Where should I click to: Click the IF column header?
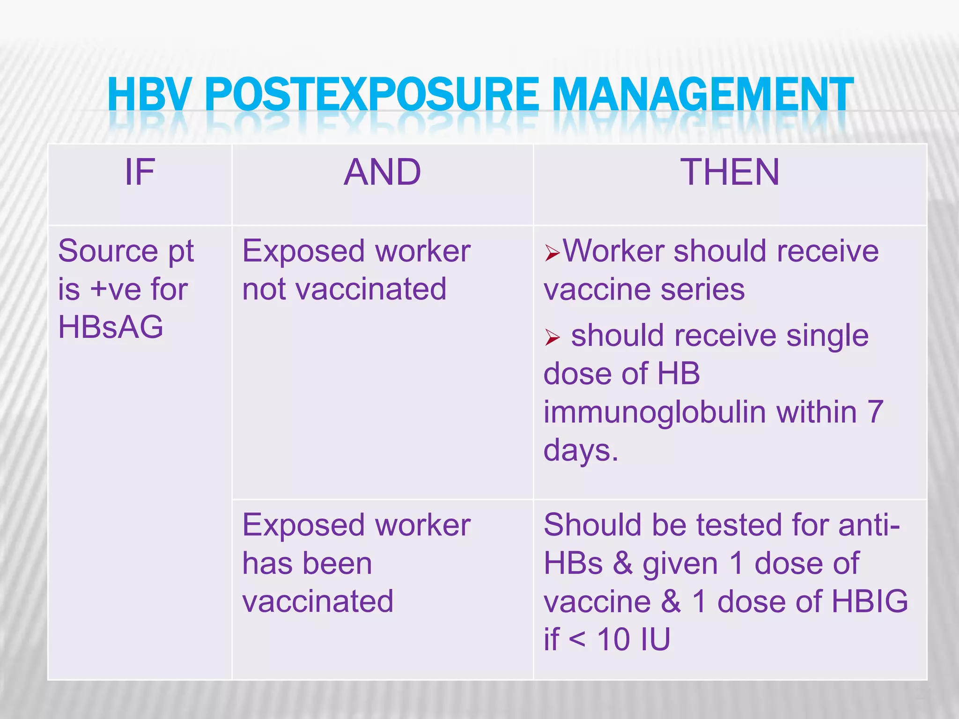click(x=140, y=172)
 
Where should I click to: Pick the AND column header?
click(x=383, y=172)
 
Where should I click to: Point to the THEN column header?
click(x=730, y=172)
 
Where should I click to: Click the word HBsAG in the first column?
click(x=111, y=327)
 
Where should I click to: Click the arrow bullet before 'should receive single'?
click(x=552, y=337)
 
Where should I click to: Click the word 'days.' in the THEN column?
click(x=581, y=451)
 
